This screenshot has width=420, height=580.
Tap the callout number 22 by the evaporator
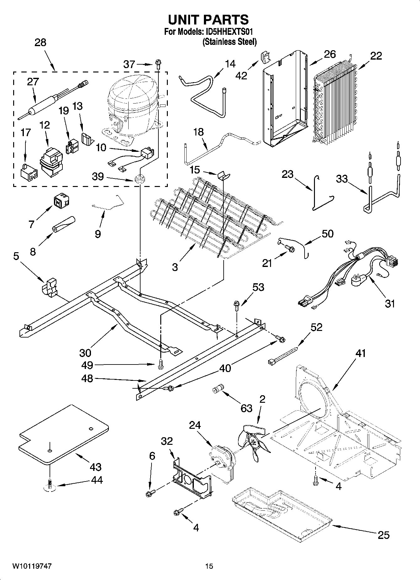[376, 56]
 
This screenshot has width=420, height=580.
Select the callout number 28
[40, 43]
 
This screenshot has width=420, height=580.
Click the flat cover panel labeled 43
[63, 434]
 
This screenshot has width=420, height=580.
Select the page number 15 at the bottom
[209, 566]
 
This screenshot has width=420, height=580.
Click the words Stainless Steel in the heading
[230, 42]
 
